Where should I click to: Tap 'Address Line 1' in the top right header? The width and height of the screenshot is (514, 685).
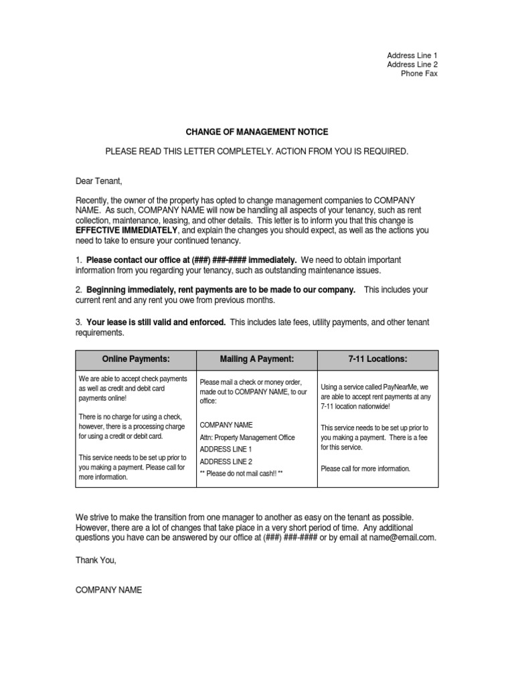412,55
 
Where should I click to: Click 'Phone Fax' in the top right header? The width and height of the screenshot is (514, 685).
419,74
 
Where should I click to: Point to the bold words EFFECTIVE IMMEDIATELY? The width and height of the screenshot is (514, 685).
126,230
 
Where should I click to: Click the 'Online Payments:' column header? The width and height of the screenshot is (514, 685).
136,359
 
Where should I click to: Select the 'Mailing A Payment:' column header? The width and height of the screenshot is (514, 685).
257,359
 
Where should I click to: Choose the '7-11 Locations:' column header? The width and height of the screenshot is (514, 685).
377,359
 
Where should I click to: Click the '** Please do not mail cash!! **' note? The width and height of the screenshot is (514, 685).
242,473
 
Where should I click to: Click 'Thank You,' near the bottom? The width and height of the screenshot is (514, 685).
96,561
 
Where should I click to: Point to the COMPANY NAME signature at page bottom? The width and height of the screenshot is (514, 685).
108,590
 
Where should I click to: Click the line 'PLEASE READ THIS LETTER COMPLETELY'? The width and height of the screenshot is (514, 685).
257,152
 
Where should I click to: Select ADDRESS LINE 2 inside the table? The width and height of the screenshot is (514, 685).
226,461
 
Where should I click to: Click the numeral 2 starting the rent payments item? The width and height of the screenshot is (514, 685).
78,290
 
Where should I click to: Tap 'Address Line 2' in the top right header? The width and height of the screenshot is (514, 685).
412,64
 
